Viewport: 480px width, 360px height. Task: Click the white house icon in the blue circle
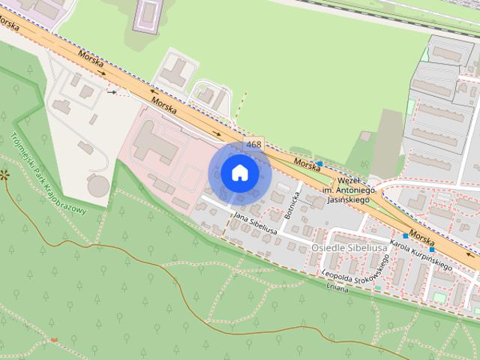coord(239,173)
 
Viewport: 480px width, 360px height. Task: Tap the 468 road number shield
coord(253,144)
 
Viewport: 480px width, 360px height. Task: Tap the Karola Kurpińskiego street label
coord(421,256)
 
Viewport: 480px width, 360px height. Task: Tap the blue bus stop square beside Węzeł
coord(319,163)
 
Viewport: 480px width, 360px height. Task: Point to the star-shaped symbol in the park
coord(4,175)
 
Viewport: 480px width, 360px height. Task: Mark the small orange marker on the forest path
coord(53,340)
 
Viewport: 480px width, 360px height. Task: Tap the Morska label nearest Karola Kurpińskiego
coord(422,238)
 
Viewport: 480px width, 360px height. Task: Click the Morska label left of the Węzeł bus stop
coord(307,163)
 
